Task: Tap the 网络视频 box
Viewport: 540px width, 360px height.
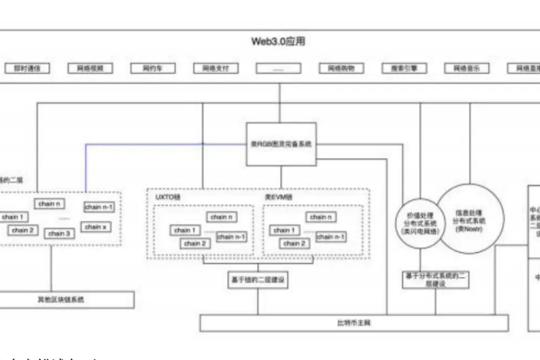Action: [x=90, y=70]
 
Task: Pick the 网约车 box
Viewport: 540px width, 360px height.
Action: [x=151, y=70]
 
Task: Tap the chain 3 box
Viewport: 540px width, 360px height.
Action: [x=59, y=234]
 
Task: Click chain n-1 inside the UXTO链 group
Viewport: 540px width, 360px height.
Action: [x=232, y=237]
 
